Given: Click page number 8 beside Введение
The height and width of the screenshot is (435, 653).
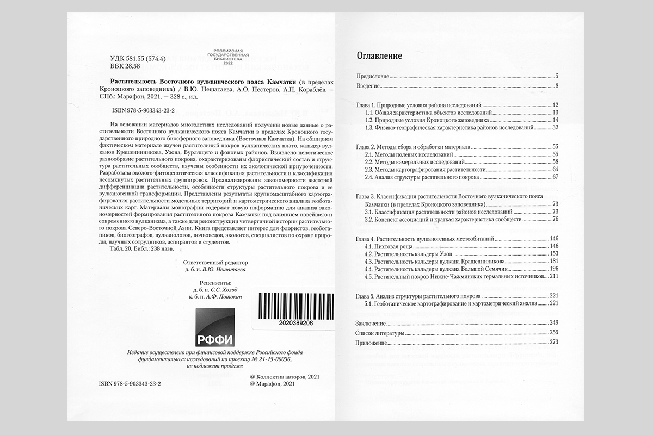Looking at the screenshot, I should click(x=558, y=86).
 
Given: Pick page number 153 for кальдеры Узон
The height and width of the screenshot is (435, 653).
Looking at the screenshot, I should click(x=555, y=254).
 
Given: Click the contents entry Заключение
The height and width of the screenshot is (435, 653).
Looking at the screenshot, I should click(x=370, y=322).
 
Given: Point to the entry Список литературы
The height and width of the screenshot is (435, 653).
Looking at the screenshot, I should click(x=380, y=332).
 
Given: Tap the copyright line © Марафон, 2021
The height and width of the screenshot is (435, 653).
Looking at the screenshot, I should click(x=271, y=384).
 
